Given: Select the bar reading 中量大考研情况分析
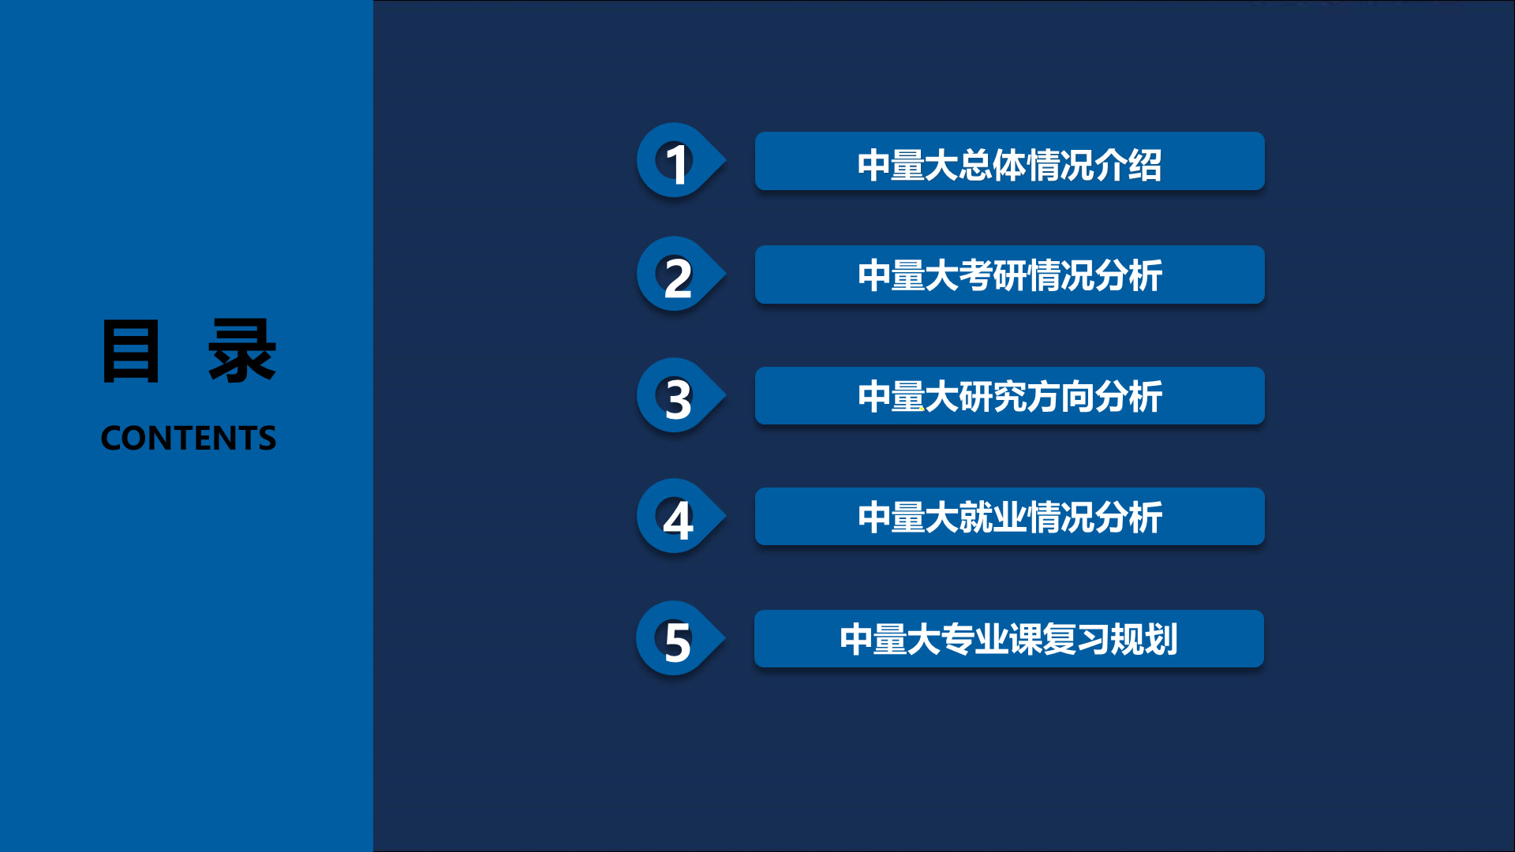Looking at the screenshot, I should pos(1009,275).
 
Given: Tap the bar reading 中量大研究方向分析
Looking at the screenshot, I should pos(1009,396).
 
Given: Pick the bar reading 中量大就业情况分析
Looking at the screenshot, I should pos(1009,517).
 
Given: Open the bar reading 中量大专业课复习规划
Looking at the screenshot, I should pos(1009,639).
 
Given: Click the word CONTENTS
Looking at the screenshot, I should pos(189,439).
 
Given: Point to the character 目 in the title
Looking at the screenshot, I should pos(131,352).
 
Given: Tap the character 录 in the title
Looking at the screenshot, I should pos(242,352).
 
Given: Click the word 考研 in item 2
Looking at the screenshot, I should pos(993,276).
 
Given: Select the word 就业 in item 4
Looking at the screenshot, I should pos(993,518).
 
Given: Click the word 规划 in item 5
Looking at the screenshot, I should pos(1144,640).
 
